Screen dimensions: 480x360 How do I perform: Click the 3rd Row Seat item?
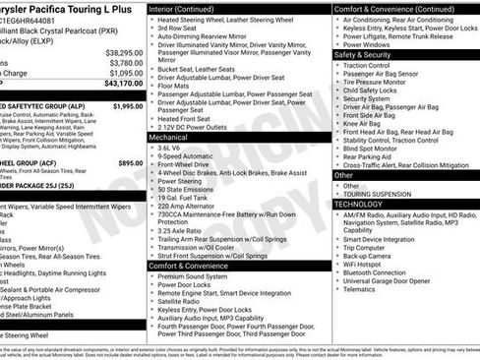[x=177, y=29]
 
